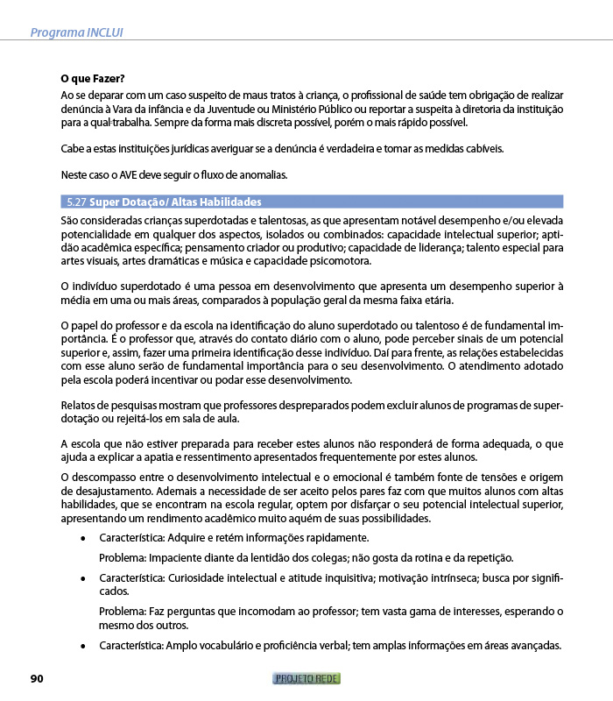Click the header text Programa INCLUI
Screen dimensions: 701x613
tap(76, 32)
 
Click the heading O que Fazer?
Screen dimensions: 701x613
tap(92, 78)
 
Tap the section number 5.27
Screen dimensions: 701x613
tap(74, 202)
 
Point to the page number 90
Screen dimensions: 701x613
tap(37, 678)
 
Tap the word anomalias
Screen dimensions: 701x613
tap(264, 173)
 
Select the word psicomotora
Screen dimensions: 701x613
tap(338, 260)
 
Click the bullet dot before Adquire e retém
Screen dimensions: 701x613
tap(82, 538)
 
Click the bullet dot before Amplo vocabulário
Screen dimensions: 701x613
tap(82, 647)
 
